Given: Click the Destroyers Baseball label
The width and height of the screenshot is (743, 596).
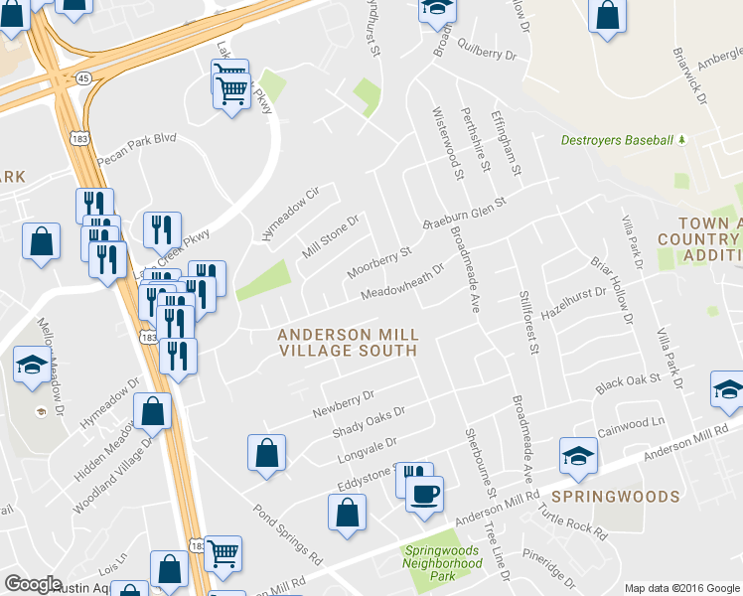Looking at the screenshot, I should point(616,140).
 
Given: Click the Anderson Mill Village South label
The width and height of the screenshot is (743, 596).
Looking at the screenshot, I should point(349,343).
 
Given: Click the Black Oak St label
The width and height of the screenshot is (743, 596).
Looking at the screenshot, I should point(628,381).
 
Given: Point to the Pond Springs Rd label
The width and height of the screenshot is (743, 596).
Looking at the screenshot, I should point(289,533).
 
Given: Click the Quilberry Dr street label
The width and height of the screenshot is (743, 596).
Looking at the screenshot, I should point(491,57).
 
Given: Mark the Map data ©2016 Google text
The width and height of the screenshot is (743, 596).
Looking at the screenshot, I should point(681,588).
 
